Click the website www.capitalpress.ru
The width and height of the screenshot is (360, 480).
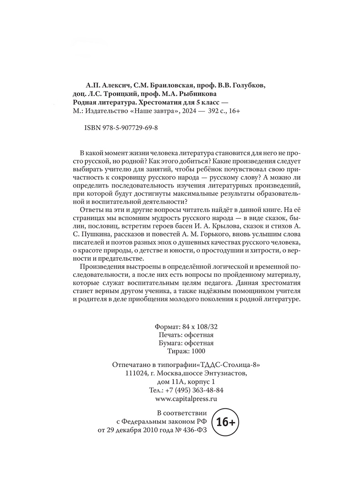(x=185, y=399)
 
